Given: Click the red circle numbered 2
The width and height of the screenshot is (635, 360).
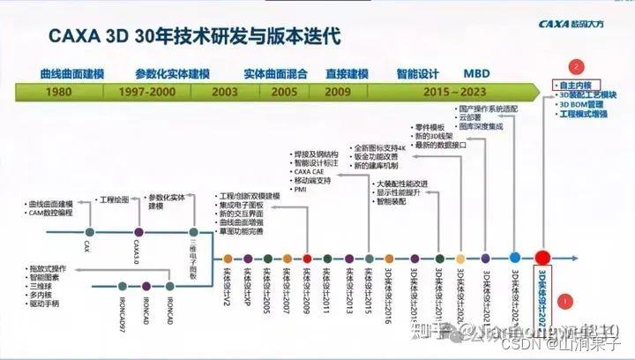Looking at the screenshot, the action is click(x=577, y=65).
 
